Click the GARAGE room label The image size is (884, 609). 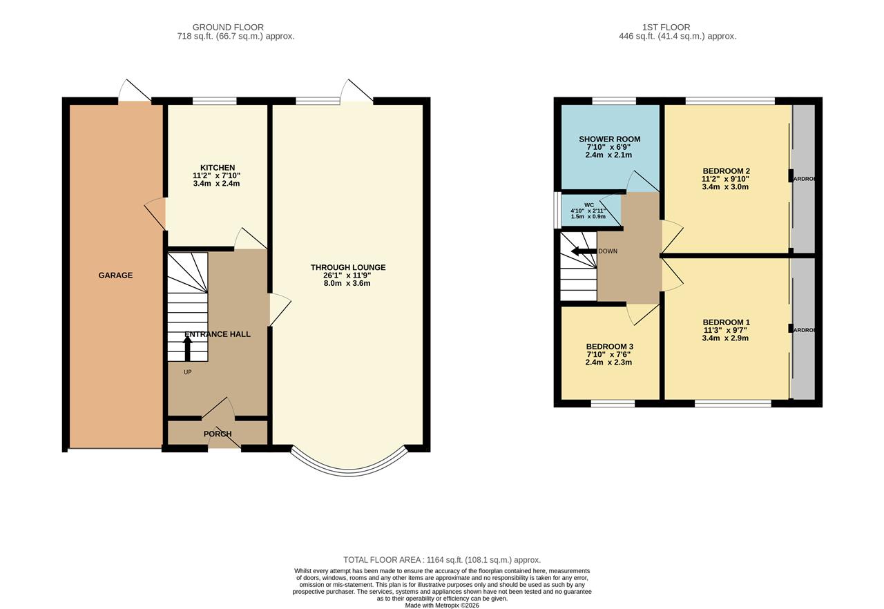click(115, 275)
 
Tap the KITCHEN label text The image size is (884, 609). click(218, 168)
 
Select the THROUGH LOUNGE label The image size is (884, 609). click(348, 267)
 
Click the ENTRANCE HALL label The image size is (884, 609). click(218, 334)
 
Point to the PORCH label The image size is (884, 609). click(218, 434)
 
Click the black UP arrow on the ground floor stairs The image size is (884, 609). click(187, 348)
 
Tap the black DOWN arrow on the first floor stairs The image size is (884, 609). click(584, 251)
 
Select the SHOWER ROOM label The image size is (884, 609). click(609, 139)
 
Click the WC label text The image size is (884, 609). click(588, 205)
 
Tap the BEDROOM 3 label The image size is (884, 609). click(609, 347)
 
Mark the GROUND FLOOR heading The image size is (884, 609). click(228, 28)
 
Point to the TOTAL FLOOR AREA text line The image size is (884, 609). click(442, 560)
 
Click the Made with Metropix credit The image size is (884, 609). click(442, 606)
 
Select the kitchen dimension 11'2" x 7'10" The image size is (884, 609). click(217, 175)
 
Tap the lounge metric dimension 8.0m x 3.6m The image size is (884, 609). click(348, 283)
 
